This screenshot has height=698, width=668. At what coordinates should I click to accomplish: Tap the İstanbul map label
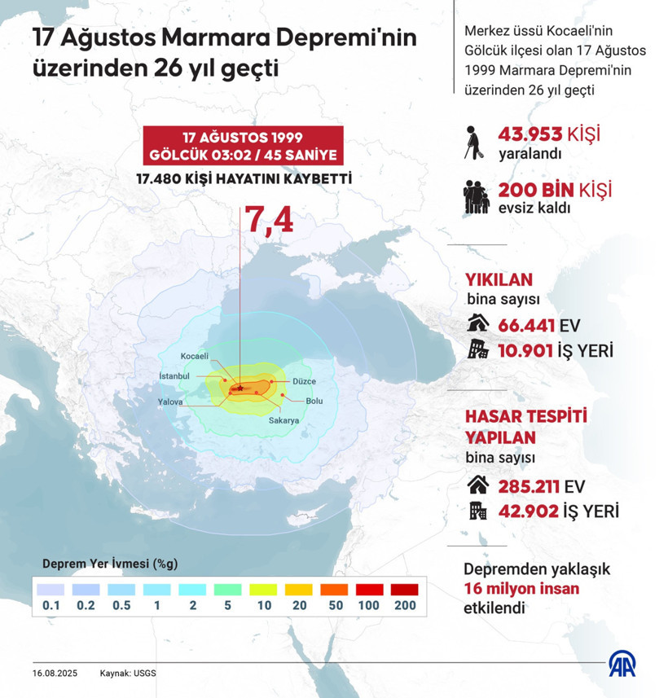(174, 376)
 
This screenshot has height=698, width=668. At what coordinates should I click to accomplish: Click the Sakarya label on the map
(284, 420)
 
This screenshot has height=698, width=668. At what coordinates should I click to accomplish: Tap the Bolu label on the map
(314, 401)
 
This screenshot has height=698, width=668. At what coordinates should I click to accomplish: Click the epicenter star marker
(241, 389)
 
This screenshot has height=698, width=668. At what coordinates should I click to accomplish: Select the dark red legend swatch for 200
(404, 588)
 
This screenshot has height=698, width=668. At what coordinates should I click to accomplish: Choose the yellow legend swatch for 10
(263, 588)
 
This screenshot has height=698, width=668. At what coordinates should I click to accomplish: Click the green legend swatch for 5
(228, 588)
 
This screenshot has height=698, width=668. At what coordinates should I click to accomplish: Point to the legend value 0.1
(51, 605)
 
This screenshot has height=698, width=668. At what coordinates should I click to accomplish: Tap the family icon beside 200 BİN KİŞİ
(477, 196)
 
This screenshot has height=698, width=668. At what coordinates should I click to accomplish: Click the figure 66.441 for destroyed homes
(526, 327)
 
